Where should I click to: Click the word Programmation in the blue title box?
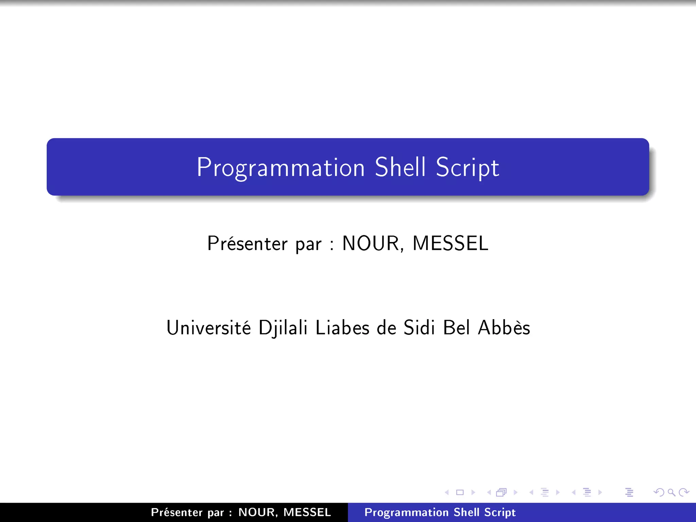281,168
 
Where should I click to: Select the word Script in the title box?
467,168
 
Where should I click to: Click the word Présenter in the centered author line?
247,244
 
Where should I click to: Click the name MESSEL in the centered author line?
450,244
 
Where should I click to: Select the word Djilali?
283,328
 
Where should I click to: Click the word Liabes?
342,328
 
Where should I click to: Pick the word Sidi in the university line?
419,328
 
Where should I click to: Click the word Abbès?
504,328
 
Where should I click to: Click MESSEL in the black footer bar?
307,512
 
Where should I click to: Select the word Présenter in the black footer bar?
177,512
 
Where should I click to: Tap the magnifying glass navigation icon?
671,492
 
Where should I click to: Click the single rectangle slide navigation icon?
460,492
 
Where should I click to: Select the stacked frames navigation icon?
502,492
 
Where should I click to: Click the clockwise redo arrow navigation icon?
683,492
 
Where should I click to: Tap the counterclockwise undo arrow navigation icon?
659,492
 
